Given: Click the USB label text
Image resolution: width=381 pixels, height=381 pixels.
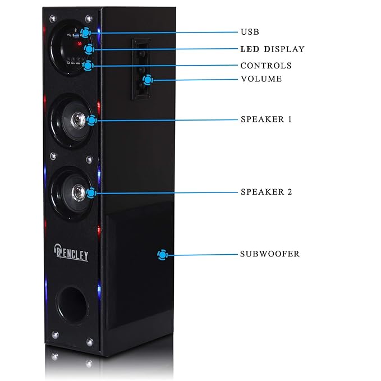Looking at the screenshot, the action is (x=250, y=32).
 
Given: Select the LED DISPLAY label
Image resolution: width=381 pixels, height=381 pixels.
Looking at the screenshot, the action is (x=272, y=49).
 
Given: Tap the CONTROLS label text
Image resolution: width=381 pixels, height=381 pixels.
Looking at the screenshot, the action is (x=266, y=66).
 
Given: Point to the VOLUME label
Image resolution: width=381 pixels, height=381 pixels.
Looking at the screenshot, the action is (x=261, y=79).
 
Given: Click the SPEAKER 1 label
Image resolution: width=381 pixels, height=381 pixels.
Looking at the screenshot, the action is (x=266, y=119).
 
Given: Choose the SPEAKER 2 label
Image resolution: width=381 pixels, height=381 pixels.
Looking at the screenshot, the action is (x=267, y=192).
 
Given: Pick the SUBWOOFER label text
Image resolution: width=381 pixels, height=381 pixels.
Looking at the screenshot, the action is (x=270, y=254).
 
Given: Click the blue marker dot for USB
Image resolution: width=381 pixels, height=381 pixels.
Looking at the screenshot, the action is (x=85, y=33).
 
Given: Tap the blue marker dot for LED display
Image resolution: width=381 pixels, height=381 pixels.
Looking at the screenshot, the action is (x=89, y=49).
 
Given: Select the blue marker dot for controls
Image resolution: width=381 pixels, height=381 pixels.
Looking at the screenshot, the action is (x=88, y=66).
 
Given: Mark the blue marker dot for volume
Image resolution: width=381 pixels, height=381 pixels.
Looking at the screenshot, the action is (x=148, y=80).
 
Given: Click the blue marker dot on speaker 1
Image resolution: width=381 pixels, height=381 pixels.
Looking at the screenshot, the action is (x=91, y=120).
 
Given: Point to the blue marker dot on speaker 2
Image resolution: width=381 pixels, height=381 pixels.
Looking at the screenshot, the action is (x=91, y=193).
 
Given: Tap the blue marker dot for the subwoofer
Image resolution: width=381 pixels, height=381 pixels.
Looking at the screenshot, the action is (x=162, y=255).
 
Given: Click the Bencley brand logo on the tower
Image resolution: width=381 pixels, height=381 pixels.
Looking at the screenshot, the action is (x=71, y=253).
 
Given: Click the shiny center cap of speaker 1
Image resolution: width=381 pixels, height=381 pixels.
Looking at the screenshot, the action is (x=78, y=120).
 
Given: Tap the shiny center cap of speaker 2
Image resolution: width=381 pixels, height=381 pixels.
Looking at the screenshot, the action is (x=78, y=192).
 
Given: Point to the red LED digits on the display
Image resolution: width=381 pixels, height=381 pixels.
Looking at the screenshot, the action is (x=79, y=44).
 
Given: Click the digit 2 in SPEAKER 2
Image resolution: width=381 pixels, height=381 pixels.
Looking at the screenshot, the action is (x=290, y=192).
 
